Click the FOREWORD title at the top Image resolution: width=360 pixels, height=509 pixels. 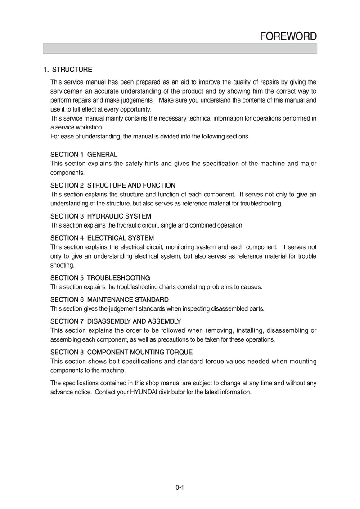click(288, 36)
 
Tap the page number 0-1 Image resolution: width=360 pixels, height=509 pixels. click(180, 487)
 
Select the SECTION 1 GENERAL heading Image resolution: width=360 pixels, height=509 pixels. click(84, 155)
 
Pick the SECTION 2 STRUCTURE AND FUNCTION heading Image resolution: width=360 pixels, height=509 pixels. click(113, 185)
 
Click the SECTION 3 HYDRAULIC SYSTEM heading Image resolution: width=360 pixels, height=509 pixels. click(101, 216)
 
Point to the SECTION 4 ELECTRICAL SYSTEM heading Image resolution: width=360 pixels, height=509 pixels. click(102, 238)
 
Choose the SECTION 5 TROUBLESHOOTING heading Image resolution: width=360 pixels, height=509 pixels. click(100, 278)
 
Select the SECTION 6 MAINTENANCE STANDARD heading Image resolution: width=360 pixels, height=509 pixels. click(110, 299)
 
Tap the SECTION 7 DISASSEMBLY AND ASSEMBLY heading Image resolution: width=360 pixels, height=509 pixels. click(116, 321)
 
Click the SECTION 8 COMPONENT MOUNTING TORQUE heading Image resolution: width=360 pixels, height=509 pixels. click(121, 352)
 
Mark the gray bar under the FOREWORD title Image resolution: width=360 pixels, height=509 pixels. click(180, 48)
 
